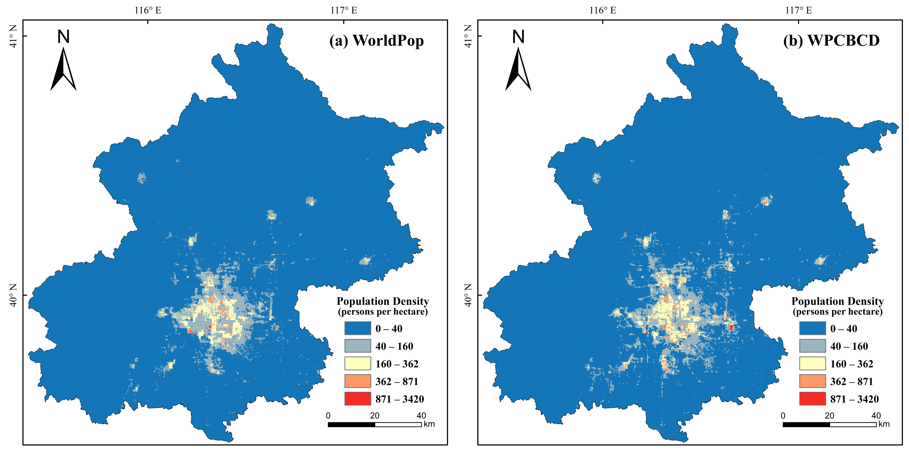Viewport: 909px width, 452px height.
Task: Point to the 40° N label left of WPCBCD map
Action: coord(468,295)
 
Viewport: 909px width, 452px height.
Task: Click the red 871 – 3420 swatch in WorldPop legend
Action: coord(357,399)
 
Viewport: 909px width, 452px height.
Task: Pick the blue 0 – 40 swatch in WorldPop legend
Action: coord(357,328)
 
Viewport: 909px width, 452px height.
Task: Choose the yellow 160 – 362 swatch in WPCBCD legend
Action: coord(812,364)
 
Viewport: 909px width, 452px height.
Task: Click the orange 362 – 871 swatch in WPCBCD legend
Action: coord(812,381)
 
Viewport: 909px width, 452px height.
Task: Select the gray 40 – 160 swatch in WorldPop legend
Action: coord(357,346)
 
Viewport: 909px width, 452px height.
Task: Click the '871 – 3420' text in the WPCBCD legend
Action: coord(854,399)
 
